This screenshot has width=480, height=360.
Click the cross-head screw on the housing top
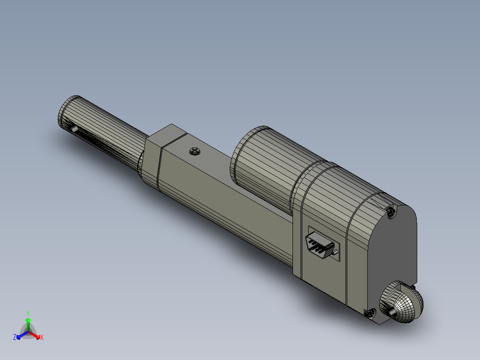(x=195, y=151)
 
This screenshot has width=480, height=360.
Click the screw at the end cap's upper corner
(x=391, y=211)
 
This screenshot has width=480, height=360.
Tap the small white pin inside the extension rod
(x=74, y=128)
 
